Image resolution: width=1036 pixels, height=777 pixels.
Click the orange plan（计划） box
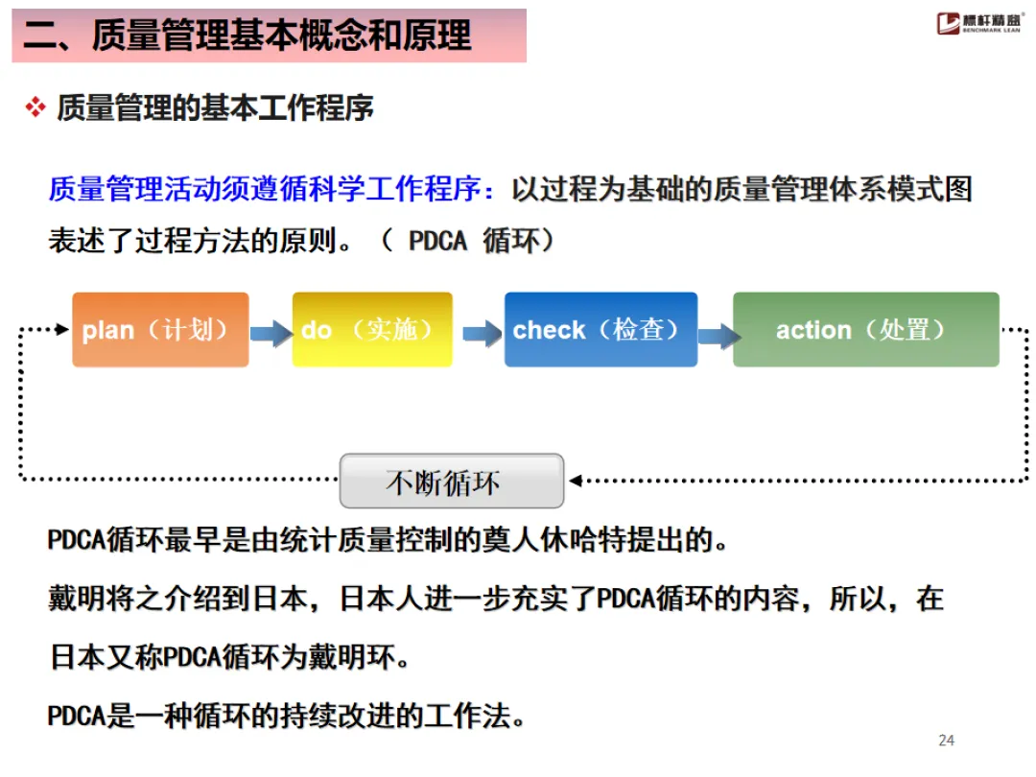pyautogui.click(x=160, y=330)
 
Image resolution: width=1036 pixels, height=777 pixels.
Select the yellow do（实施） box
pyautogui.click(x=372, y=330)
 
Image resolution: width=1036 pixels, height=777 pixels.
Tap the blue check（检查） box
pyautogui.click(x=600, y=330)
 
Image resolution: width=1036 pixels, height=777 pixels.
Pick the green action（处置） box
pyautogui.click(x=865, y=330)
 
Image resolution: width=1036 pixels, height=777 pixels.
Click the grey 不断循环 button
pyautogui.click(x=451, y=482)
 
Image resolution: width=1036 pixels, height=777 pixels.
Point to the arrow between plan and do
pyautogui.click(x=271, y=333)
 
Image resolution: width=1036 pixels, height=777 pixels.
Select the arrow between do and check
pyautogui.click(x=482, y=333)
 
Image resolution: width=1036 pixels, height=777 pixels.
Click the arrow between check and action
pyautogui.click(x=718, y=335)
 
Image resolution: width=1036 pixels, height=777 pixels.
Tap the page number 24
pyautogui.click(x=946, y=740)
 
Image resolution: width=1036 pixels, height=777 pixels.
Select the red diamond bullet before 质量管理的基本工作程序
pyautogui.click(x=35, y=107)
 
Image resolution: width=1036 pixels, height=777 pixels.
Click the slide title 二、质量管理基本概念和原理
pyautogui.click(x=247, y=36)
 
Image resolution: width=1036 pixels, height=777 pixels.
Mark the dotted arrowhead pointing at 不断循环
pyautogui.click(x=575, y=480)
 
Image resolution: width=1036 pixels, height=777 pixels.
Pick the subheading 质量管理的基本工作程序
pyautogui.click(x=215, y=107)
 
